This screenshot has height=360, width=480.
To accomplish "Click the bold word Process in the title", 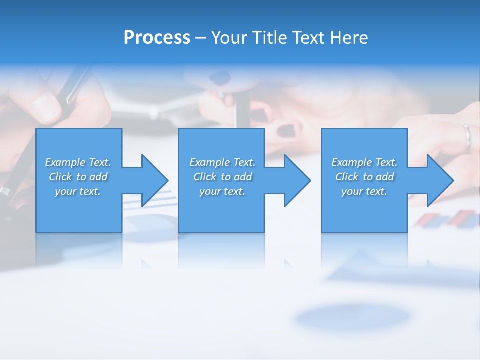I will point(157,38).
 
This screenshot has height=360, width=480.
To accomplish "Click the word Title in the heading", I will point(269,38).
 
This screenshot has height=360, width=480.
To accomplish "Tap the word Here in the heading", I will point(348,38).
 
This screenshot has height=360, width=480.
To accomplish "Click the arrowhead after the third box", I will point(439,180).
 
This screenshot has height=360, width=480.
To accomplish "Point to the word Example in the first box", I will point(65,162).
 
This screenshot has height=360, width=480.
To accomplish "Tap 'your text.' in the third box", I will point(364,191).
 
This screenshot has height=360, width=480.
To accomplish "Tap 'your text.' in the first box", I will point(77,191).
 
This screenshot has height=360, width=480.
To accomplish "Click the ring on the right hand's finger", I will point(466,135).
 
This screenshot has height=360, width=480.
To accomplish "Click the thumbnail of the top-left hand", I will point(45,106).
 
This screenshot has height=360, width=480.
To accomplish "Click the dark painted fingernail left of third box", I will point(286,130).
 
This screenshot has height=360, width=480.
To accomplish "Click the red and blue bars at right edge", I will point(447,219).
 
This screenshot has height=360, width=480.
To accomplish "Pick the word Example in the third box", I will point(351,162).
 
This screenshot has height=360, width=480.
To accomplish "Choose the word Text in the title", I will point(306,38).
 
